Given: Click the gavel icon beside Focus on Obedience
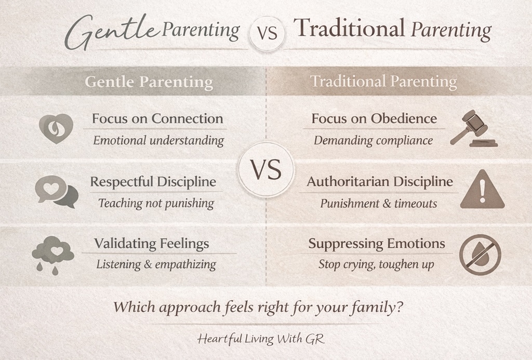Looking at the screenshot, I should coord(473,128).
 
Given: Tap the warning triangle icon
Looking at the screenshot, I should coord(482,191).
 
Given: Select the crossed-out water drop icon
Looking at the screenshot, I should coord(480,255).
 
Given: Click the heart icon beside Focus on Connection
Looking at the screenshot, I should coord(56,128).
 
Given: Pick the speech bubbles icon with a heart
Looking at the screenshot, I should coord(56,191).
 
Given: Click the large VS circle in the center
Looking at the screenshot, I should coord(266,170).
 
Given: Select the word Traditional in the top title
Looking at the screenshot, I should coord(349,29).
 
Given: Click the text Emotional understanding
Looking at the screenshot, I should coord(158,140).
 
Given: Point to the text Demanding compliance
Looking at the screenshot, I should coord(373,140).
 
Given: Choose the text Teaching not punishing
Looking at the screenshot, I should coord(156,203).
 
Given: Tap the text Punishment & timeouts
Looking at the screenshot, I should coord(378,204).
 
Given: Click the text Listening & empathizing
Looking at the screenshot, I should coord(156,264).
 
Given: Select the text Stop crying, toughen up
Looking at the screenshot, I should coord(376,264).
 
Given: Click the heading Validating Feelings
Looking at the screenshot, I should coord(152,243).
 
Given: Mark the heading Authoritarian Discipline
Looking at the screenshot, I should coord(379,182).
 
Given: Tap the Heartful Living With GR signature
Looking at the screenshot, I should coord(261,339).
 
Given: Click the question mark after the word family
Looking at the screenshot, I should coord(398,307).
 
